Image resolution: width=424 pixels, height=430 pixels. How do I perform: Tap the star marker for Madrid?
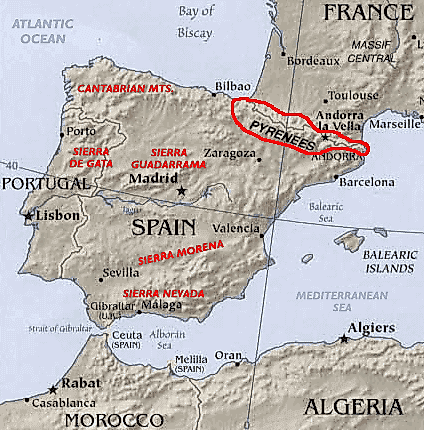point(181,189)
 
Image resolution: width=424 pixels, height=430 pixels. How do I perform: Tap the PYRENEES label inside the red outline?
point(281,130)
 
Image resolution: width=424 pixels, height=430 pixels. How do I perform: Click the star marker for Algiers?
point(343,340)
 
